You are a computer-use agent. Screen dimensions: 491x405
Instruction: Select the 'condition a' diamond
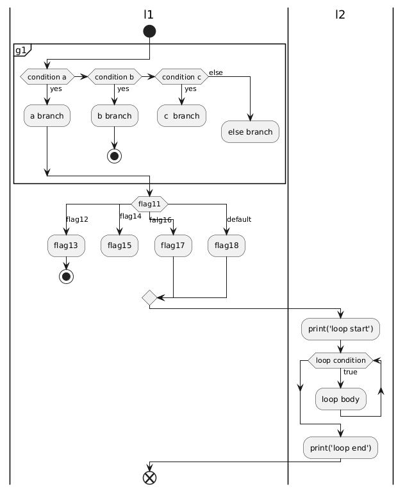[47, 77]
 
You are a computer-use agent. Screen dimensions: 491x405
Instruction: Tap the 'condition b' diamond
[113, 77]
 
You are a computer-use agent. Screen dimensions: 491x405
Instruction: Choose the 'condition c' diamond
[181, 77]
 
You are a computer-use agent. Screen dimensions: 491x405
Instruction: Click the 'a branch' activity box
[47, 115]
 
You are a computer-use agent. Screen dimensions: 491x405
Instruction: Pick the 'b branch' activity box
[114, 115]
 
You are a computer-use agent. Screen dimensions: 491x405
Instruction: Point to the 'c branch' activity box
[181, 115]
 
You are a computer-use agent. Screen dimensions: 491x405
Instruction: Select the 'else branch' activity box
[250, 131]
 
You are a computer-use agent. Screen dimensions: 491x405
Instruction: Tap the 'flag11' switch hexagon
[149, 204]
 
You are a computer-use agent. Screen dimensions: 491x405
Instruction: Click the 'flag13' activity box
[66, 246]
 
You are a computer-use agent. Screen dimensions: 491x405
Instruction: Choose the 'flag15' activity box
[119, 246]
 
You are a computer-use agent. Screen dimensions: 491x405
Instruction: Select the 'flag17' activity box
[173, 246]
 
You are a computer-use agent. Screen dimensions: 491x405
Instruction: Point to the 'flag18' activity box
[226, 246]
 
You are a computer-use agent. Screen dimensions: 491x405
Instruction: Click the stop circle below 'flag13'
[66, 276]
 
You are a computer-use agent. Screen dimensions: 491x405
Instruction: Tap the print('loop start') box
[340, 329]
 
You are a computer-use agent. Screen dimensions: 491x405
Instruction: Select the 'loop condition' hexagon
[340, 360]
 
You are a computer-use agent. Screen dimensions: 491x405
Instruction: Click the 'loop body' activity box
[340, 399]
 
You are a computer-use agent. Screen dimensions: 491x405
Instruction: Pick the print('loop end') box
[340, 447]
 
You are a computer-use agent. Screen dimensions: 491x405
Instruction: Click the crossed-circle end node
[149, 479]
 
